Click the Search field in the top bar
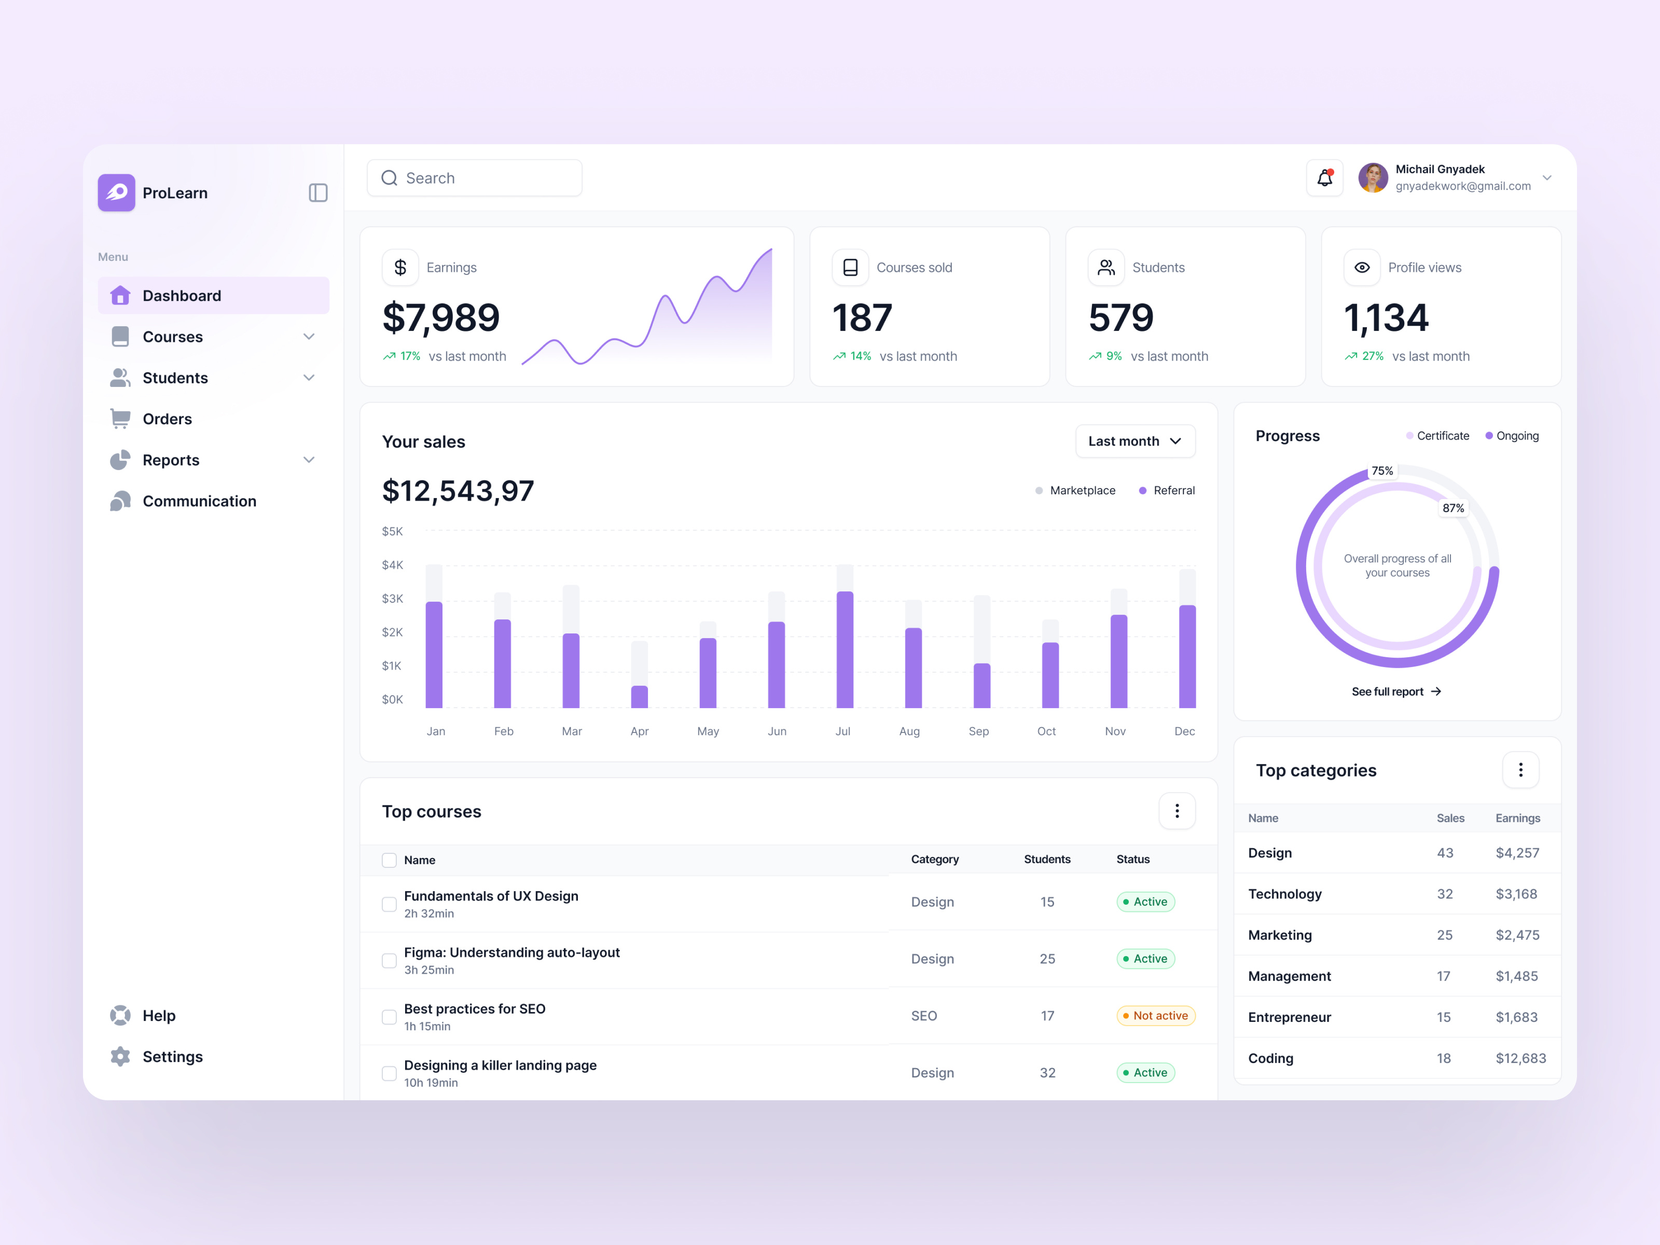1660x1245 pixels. [x=474, y=178]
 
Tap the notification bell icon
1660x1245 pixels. [x=1324, y=178]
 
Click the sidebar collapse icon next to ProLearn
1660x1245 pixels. [x=318, y=193]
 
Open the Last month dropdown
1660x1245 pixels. [x=1135, y=441]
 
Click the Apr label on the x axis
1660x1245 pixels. [x=640, y=731]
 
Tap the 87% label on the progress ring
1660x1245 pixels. [x=1453, y=508]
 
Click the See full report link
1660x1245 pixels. [x=1396, y=691]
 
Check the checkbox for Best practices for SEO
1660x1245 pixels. [x=389, y=1017]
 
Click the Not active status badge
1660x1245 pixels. [x=1156, y=1015]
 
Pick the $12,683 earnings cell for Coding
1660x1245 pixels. [x=1520, y=1058]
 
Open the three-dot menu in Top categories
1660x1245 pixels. [x=1520, y=770]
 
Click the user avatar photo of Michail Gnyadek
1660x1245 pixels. [x=1373, y=178]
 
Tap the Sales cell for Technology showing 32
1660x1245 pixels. [x=1445, y=894]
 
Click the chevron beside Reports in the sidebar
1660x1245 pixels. [x=309, y=460]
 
